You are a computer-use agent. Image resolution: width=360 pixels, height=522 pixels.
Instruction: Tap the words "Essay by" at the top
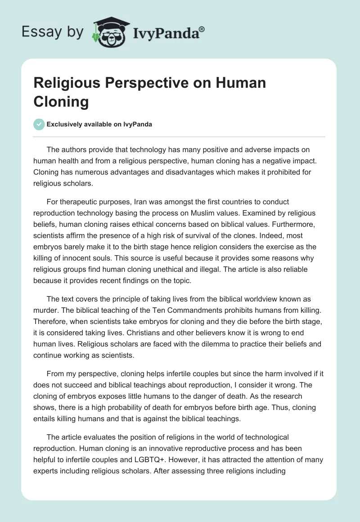coord(53,32)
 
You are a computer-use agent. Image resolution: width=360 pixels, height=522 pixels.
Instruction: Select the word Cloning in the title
coord(61,102)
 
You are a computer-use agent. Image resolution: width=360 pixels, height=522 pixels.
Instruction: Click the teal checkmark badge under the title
coord(39,124)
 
